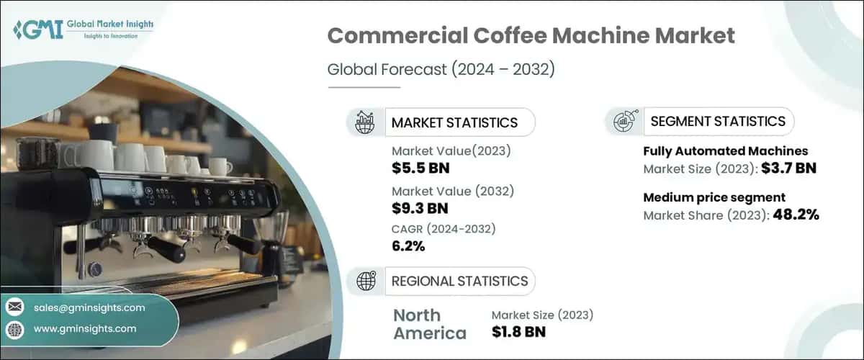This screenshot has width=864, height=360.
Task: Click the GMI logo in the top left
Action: tap(84, 30)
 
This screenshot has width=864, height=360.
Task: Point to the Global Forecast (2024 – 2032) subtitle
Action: tap(441, 70)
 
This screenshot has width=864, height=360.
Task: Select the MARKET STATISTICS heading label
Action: tap(454, 122)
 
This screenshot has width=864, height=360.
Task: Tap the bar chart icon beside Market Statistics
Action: tap(364, 122)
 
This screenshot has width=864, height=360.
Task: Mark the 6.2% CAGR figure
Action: tap(408, 247)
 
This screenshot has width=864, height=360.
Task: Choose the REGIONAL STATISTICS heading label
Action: tap(459, 281)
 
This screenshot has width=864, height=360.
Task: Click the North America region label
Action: tap(430, 324)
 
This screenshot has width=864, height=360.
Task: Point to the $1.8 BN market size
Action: tap(518, 332)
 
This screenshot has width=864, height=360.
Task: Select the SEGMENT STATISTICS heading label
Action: tap(718, 121)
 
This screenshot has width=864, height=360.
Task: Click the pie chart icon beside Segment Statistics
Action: tap(623, 121)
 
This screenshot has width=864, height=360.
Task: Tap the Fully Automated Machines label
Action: tap(725, 151)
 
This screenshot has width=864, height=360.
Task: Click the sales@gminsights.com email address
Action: tap(89, 307)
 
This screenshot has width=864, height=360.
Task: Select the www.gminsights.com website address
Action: tap(85, 329)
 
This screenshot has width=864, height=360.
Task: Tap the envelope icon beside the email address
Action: tap(15, 307)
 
